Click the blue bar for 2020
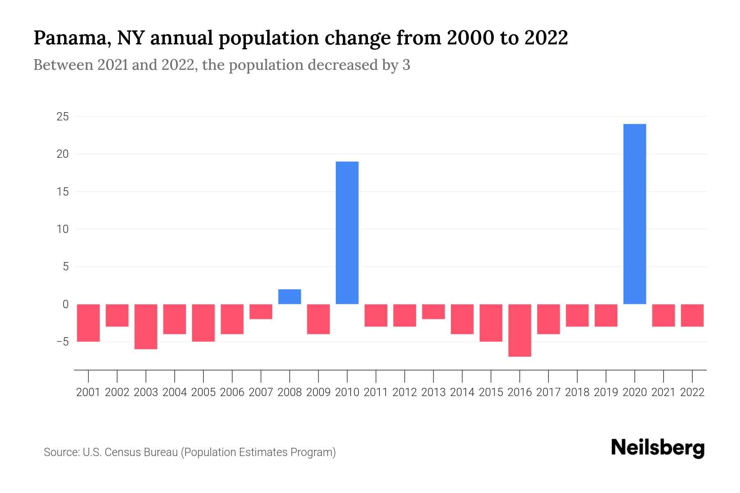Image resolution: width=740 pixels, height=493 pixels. [x=635, y=214]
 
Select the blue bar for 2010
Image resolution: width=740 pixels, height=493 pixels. [x=347, y=233]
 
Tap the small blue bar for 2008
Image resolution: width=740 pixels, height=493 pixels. [x=290, y=297]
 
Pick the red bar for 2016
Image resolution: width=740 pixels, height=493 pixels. [x=520, y=330]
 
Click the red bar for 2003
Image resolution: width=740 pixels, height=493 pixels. [x=146, y=326]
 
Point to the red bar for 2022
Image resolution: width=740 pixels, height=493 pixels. [x=692, y=315]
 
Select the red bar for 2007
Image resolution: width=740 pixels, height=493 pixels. [x=261, y=311]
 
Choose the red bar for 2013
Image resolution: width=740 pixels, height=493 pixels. [x=433, y=311]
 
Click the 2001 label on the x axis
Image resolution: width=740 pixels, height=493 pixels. [x=88, y=392]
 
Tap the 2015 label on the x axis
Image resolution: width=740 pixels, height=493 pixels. [x=491, y=392]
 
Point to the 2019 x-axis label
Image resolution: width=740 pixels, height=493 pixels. [x=606, y=392]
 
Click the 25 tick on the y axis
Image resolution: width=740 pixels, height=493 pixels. [x=62, y=117]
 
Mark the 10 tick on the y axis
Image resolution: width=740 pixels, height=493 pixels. [x=62, y=229]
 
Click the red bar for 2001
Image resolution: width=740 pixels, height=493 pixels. [x=88, y=323]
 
